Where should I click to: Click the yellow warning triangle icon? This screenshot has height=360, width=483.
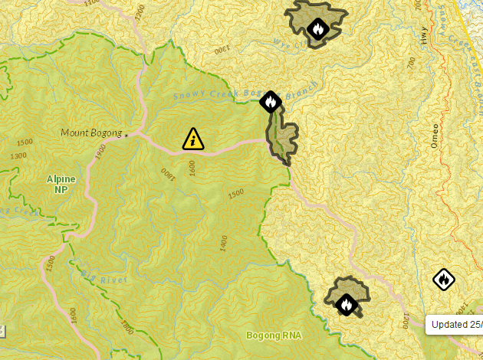pos(192,139)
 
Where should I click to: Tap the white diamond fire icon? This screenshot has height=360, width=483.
pos(443,280)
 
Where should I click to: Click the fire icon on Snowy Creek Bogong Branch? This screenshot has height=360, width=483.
pos(270,101)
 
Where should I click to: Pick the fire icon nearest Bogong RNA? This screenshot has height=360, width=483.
pos(347,304)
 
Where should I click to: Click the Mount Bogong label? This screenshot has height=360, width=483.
pos(91,133)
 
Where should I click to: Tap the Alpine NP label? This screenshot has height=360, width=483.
pos(61,184)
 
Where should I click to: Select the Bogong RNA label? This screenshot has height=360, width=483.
pos(274,335)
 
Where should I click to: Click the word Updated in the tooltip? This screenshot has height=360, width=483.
pos(447,324)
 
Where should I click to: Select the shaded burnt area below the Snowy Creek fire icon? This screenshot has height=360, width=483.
pos(286,138)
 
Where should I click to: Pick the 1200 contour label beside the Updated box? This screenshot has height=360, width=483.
pos(404,320)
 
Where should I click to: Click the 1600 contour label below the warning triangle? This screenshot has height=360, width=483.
pos(192,165)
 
